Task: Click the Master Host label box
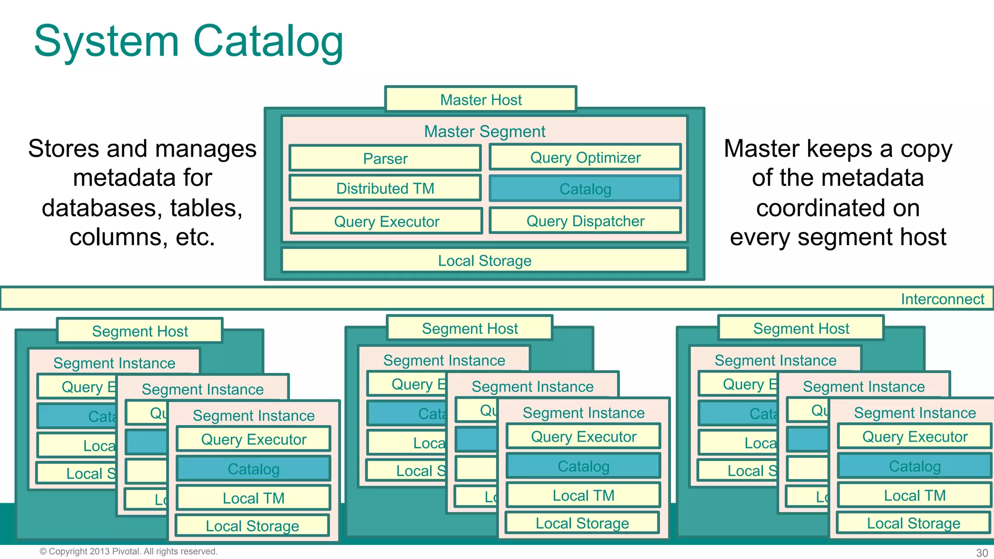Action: click(480, 99)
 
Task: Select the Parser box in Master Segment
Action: click(385, 158)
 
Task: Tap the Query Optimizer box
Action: click(585, 157)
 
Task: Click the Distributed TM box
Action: click(385, 188)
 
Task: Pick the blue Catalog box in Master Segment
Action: click(585, 189)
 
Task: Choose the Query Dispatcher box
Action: click(585, 221)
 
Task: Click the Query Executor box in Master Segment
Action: click(386, 221)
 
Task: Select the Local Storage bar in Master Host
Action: click(484, 261)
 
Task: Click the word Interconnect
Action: click(942, 299)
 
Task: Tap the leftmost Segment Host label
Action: click(140, 331)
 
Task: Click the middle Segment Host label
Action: click(469, 329)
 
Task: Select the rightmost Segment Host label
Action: click(801, 329)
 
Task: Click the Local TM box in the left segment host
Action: click(253, 498)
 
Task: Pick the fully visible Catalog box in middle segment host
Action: click(583, 466)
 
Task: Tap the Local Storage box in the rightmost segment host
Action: click(913, 523)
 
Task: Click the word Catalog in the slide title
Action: click(268, 42)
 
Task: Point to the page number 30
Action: click(981, 553)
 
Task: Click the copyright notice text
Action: click(128, 551)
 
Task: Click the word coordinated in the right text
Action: click(837, 208)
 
